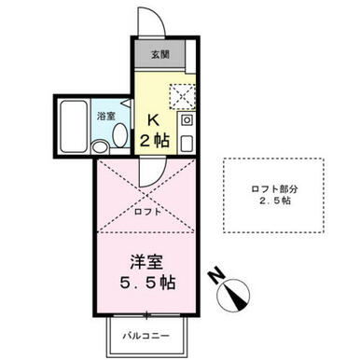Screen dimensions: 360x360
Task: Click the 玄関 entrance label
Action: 160,55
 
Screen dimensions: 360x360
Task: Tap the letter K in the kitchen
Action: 154,120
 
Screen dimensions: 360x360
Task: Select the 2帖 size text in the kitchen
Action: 155,141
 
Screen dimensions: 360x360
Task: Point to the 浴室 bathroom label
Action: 106,117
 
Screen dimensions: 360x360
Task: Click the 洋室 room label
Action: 146,262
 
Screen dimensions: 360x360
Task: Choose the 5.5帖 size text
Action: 147,283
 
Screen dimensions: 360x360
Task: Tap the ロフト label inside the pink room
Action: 147,212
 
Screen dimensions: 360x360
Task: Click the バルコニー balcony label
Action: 146,336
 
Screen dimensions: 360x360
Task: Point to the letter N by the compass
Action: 216,275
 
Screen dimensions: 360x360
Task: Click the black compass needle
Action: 236,298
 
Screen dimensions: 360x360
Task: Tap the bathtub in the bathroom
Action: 74,126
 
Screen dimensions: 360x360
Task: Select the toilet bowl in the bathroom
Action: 120,135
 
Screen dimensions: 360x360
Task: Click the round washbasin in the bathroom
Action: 100,146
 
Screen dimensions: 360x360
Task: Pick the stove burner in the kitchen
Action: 187,119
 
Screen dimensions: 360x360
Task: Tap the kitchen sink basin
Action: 187,144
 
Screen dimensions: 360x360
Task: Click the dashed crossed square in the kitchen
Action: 182,96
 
